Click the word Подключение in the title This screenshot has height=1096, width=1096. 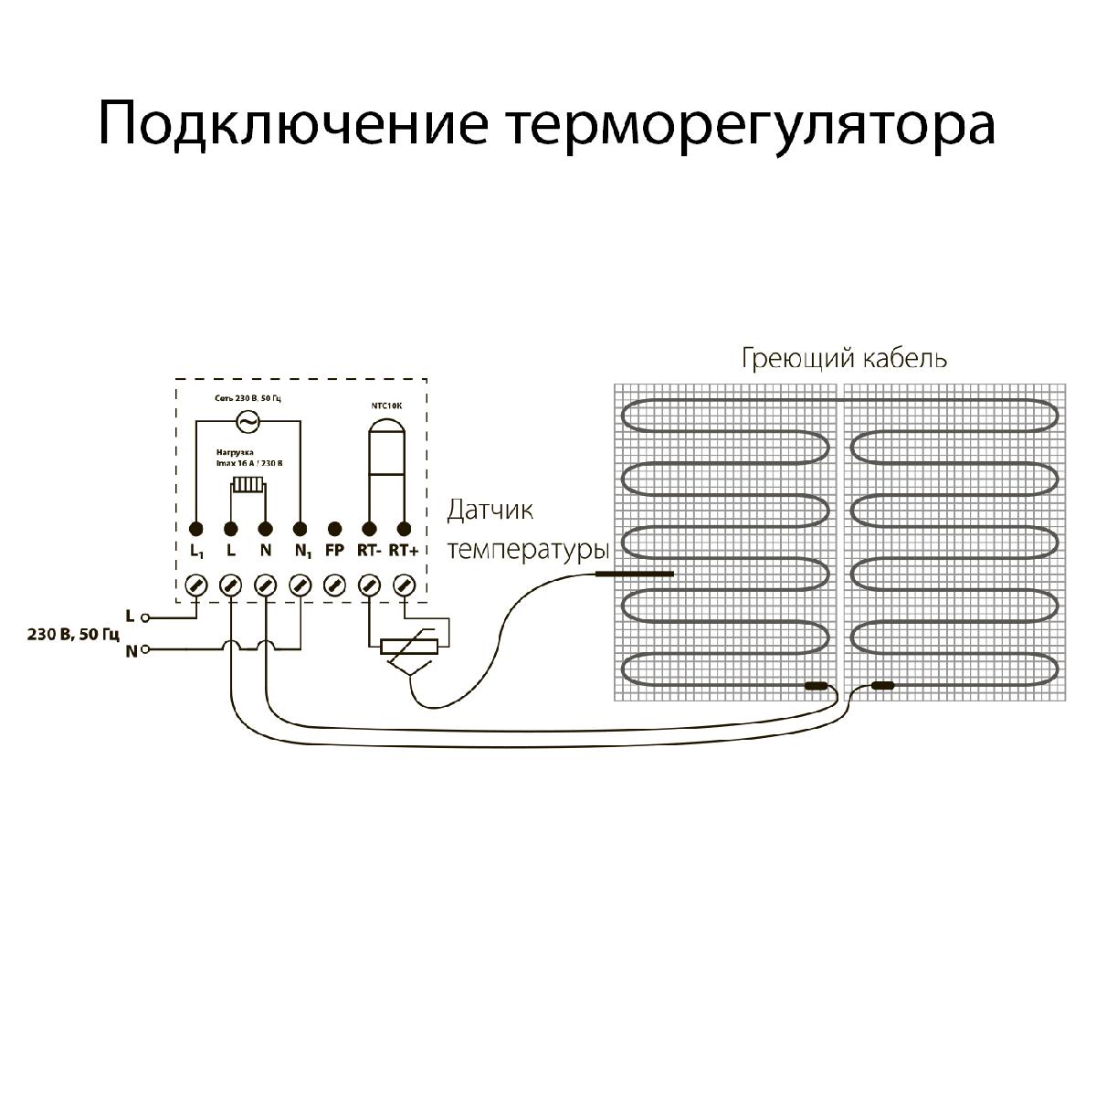pyautogui.click(x=291, y=125)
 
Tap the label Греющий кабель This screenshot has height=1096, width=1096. pyautogui.click(x=843, y=359)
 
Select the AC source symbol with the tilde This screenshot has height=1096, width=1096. pyautogui.click(x=247, y=421)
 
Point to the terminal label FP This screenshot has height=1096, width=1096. pyautogui.click(x=334, y=551)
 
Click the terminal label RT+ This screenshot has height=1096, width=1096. pyautogui.click(x=403, y=551)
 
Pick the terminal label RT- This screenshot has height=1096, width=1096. pyautogui.click(x=368, y=551)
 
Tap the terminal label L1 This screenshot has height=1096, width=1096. pyautogui.click(x=196, y=552)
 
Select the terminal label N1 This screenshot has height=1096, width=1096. pyautogui.click(x=302, y=552)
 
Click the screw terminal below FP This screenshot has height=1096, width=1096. pyautogui.click(x=334, y=585)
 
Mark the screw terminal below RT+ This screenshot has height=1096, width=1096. pyautogui.click(x=404, y=585)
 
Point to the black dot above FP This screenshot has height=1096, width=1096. pyautogui.click(x=334, y=529)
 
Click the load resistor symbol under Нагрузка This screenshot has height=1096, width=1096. pyautogui.click(x=247, y=486)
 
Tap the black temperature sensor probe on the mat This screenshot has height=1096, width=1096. pyautogui.click(x=634, y=574)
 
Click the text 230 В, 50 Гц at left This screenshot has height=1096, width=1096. pyautogui.click(x=61, y=634)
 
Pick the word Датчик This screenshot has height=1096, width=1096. pyautogui.click(x=490, y=510)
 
